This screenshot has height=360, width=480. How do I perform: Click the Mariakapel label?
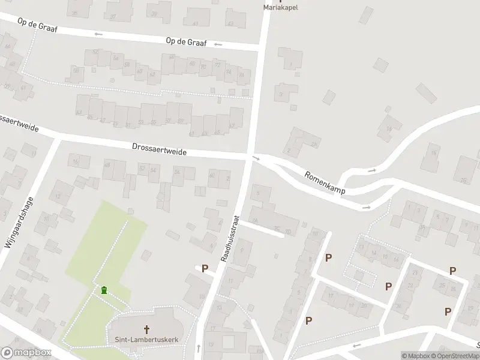click(x=281, y=8)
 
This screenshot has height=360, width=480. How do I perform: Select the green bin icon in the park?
click(x=104, y=290)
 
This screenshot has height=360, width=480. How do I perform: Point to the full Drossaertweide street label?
click(x=160, y=149)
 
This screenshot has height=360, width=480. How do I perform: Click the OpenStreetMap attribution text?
click(x=454, y=356)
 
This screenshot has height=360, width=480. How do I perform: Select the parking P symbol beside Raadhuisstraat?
click(x=205, y=269)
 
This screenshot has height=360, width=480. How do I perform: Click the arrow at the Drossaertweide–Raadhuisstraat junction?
click(x=256, y=158)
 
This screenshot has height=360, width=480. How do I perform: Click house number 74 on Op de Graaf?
click(x=228, y=71)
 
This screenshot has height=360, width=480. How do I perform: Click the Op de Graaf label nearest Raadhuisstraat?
click(x=186, y=41)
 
